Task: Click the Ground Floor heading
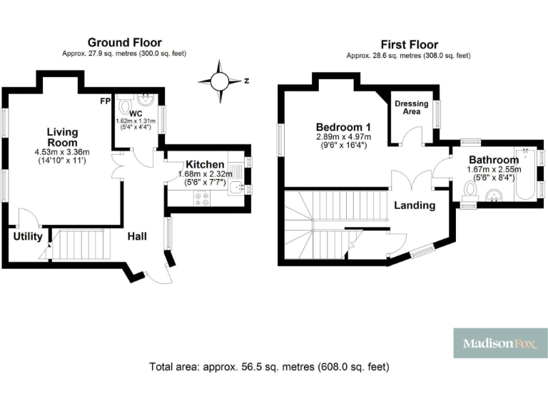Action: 124,43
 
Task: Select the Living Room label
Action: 63,137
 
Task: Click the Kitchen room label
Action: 205,164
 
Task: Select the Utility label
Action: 28,236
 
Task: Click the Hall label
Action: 137,236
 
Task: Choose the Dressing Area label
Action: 412,108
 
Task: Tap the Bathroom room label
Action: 493,159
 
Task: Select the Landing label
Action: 415,205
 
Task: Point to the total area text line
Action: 269,367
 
